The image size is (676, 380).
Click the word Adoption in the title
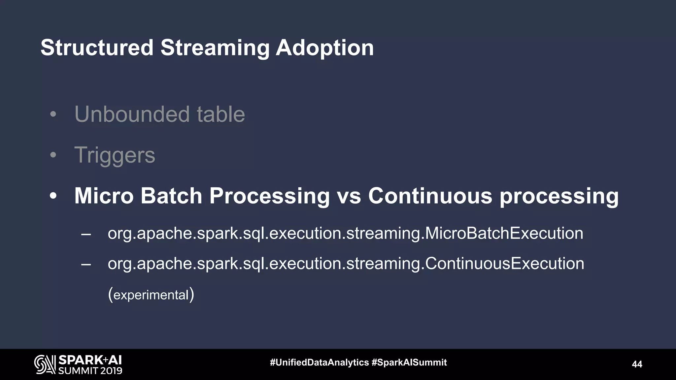pyautogui.click(x=324, y=48)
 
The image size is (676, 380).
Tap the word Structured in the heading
pyautogui.click(x=97, y=48)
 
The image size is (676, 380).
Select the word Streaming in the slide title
pyautogui.click(x=215, y=48)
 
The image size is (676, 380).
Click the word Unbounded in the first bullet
pyautogui.click(x=132, y=114)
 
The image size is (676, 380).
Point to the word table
pyautogui.click(x=221, y=114)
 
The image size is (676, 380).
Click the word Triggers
pyautogui.click(x=115, y=155)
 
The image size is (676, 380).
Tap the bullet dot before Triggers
pyautogui.click(x=53, y=155)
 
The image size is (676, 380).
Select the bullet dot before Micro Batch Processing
pyautogui.click(x=53, y=196)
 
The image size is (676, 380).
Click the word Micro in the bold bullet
pyautogui.click(x=104, y=196)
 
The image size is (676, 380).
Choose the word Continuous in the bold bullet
pyautogui.click(x=430, y=196)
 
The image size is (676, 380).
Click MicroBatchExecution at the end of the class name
pyautogui.click(x=504, y=234)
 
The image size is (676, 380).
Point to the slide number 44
pyautogui.click(x=637, y=364)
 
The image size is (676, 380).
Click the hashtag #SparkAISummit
pyautogui.click(x=409, y=363)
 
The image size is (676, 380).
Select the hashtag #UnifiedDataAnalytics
pyautogui.click(x=319, y=363)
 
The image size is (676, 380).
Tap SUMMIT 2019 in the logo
pyautogui.click(x=90, y=371)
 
